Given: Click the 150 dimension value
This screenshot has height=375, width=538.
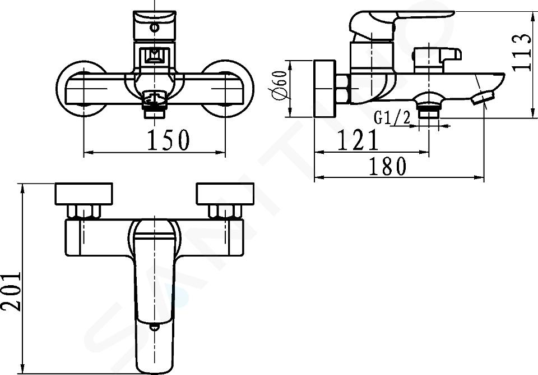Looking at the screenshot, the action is (168, 140).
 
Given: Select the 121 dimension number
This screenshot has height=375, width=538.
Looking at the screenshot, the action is (358, 140).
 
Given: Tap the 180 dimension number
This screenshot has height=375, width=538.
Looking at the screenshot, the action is (388, 166).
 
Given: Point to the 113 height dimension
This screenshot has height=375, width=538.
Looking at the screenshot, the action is (521, 52).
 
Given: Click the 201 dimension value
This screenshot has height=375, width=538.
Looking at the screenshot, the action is (11, 291).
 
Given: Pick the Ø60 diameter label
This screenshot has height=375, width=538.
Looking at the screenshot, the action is (279, 85).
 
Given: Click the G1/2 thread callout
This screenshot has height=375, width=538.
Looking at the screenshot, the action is (392, 118).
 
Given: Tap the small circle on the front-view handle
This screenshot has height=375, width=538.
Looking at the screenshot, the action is (155, 27).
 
